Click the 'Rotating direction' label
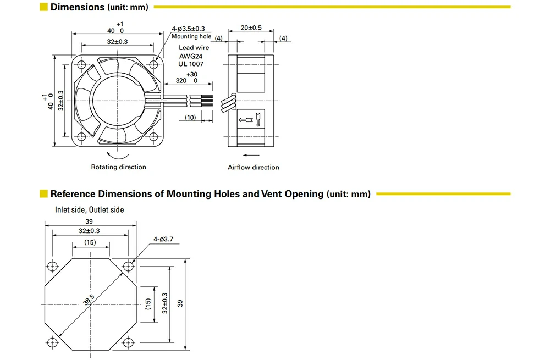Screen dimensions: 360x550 (x=119, y=167)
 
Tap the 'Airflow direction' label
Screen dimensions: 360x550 (x=254, y=167)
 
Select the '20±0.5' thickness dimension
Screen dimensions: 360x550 (x=251, y=27)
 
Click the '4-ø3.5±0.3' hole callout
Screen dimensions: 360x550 (x=188, y=29)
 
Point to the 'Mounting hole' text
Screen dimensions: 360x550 (x=191, y=37)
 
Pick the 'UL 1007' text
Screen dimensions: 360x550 (x=191, y=64)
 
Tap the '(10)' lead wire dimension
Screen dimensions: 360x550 (x=190, y=117)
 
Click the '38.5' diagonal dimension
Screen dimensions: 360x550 (x=89, y=302)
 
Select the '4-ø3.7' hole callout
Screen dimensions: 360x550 (x=164, y=239)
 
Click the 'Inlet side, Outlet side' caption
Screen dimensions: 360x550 (x=89, y=209)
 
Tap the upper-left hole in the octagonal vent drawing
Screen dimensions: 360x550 (x=52, y=267)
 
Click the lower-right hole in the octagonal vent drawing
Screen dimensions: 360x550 (x=128, y=342)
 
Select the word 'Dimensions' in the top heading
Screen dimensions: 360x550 (x=77, y=7)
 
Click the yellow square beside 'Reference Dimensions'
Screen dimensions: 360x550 (x=43, y=193)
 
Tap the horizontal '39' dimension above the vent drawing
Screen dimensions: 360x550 (x=90, y=221)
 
